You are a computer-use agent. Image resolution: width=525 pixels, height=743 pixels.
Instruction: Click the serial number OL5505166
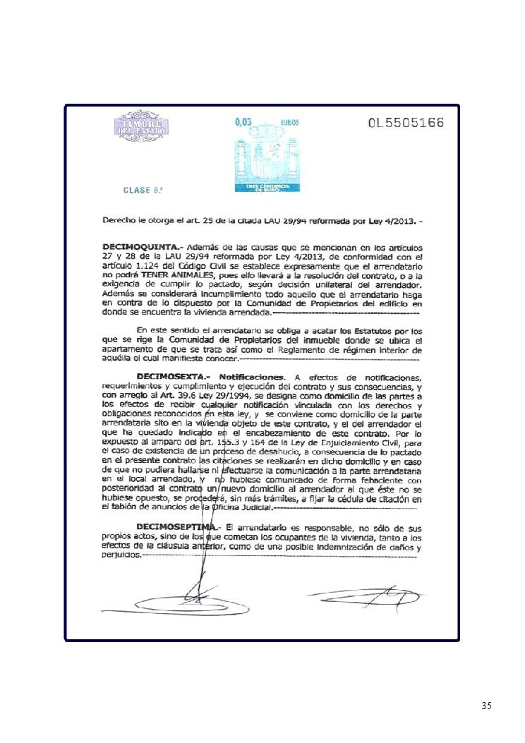click(x=406, y=123)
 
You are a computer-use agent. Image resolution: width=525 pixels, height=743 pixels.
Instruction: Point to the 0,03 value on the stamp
click(x=243, y=121)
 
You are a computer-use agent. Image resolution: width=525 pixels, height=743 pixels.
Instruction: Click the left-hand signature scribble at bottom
click(x=183, y=596)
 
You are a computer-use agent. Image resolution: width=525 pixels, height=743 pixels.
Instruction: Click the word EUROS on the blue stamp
click(x=289, y=122)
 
